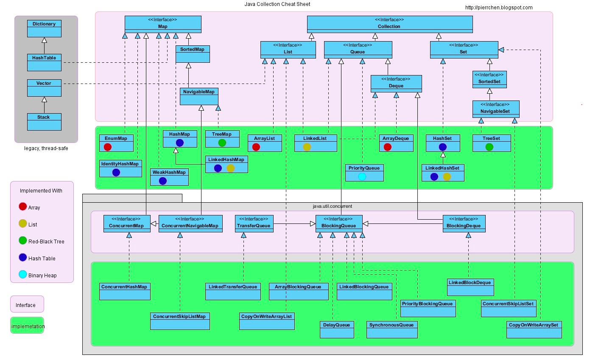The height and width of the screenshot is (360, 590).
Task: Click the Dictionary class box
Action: tap(44, 28)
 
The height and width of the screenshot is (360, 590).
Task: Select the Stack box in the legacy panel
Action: tap(44, 122)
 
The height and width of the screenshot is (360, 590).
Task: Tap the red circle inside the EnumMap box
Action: tap(108, 147)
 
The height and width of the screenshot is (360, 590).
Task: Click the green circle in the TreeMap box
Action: tap(222, 142)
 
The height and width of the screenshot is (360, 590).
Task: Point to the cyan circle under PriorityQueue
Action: tap(362, 176)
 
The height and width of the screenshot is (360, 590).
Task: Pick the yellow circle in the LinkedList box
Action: tap(307, 147)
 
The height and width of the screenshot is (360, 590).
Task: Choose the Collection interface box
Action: tap(389, 24)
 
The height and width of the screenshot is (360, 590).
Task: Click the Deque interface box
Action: tap(396, 84)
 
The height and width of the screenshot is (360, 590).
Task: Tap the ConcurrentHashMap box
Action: tap(125, 291)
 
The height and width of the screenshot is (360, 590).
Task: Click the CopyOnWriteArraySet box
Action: tap(534, 329)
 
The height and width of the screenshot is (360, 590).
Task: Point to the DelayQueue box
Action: tap(337, 329)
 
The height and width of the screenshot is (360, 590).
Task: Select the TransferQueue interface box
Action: tap(254, 223)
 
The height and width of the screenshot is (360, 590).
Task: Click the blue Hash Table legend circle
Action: tap(23, 258)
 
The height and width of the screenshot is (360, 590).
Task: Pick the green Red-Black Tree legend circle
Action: tap(23, 241)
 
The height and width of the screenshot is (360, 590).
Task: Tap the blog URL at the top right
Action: tap(499, 8)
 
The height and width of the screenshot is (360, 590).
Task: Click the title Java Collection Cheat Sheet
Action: tap(277, 4)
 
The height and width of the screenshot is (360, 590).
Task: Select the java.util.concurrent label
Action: tap(332, 206)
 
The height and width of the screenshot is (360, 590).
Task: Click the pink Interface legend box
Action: tap(27, 304)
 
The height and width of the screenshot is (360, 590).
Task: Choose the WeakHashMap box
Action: tap(169, 177)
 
